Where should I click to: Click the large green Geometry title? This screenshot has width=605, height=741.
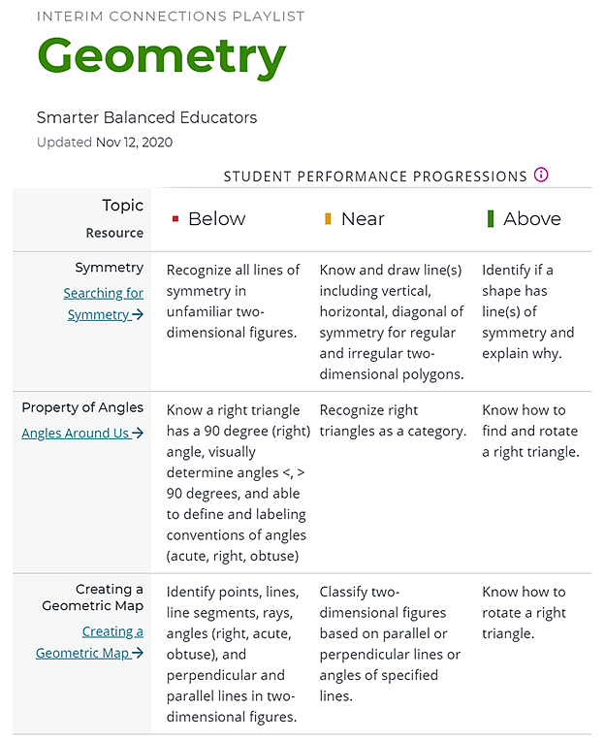161,57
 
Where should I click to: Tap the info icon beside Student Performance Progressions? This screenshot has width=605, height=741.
541,176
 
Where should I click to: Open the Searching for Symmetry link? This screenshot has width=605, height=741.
104,304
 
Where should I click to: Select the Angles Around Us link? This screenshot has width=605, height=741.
82,434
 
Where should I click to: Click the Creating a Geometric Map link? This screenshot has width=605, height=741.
90,642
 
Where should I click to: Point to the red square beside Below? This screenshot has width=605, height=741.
175,219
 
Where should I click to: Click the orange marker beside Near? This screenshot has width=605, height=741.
328,219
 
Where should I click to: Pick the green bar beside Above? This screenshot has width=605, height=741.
491,219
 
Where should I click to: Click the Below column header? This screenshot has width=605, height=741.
216,219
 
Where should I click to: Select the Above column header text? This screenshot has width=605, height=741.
531,219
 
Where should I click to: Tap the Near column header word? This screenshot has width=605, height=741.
363,219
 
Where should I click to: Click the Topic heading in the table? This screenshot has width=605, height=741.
122,206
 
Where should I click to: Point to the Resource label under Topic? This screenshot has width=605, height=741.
114,233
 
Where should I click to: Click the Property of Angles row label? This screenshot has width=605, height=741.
82,407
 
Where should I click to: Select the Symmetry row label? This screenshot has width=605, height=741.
109,268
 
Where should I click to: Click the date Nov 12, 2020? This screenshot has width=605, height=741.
134,143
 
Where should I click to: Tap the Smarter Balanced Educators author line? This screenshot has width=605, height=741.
146,118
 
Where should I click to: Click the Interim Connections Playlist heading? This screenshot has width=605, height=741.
171,16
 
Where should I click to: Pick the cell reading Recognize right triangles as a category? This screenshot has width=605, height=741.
392,421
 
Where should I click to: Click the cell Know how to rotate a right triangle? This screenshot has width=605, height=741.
524,612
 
